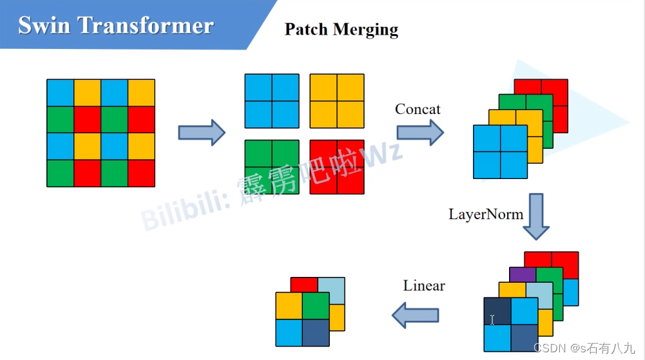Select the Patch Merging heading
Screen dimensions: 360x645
point(341,30)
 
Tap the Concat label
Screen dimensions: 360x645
point(418,109)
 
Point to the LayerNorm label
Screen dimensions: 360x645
point(486,214)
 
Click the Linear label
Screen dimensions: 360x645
point(424,285)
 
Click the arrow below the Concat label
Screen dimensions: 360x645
point(419,133)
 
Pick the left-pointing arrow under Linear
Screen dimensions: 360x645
point(416,316)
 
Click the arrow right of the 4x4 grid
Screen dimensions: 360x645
point(201,133)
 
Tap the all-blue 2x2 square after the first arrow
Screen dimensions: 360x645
point(272,101)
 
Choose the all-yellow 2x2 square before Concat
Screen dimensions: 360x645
point(336,101)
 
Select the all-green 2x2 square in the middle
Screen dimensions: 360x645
point(272,167)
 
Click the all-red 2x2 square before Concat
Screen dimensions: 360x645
point(336,167)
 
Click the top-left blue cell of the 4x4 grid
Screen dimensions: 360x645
point(60,93)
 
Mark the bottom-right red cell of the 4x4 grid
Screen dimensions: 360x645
point(141,173)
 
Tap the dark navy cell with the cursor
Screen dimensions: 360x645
point(497,311)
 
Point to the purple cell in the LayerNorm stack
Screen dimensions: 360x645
point(522,274)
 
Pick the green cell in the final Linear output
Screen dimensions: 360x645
point(316,306)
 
